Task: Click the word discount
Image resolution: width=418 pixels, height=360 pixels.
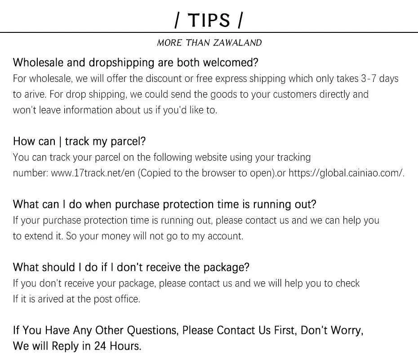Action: [x=166, y=79]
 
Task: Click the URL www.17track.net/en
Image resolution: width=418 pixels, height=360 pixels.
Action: [x=93, y=173]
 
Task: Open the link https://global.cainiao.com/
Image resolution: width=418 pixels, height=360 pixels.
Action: [x=346, y=173]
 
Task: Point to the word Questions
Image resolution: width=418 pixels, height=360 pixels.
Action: [x=153, y=331]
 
